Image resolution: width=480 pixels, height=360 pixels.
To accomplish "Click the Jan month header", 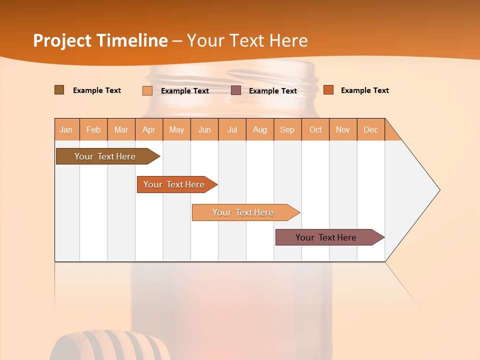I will point(66,129).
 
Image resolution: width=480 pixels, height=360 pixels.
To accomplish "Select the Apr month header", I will point(148,129).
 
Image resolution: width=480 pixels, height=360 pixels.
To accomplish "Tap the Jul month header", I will point(232,129).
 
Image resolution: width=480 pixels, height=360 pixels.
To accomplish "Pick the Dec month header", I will point(370,129).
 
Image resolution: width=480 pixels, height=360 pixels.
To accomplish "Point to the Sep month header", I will point(287,129).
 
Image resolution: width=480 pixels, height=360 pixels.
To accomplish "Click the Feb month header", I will point(93,129).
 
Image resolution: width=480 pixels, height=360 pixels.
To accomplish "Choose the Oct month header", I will point(315,129).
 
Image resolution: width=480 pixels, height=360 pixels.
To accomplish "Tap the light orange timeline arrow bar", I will point(243,212).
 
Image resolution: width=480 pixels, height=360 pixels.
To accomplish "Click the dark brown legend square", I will point(59,90).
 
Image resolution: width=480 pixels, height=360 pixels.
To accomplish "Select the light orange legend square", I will point(147,90).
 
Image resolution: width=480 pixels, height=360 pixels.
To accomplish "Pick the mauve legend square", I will point(235,90).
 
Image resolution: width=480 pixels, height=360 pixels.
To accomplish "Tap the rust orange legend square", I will point(328,90).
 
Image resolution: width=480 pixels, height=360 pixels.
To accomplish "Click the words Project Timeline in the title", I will point(100,40).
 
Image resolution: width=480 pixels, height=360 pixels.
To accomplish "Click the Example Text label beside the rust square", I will point(364,90).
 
